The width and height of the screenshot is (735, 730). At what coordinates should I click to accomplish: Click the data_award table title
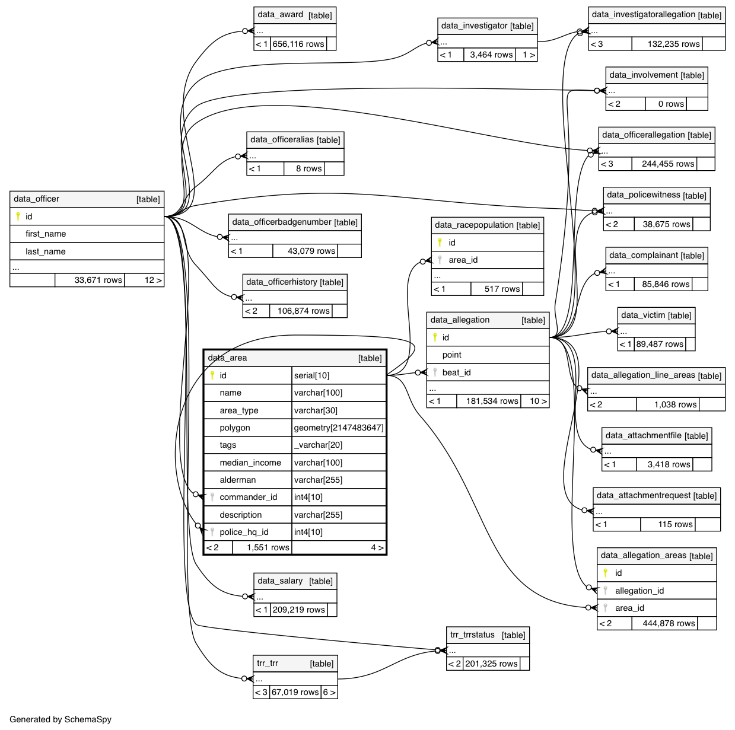(x=281, y=15)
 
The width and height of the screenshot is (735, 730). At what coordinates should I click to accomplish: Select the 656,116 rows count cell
(x=298, y=44)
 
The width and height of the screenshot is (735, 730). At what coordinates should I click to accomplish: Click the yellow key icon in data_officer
(x=18, y=216)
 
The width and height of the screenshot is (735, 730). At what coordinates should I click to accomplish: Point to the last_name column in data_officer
(x=46, y=251)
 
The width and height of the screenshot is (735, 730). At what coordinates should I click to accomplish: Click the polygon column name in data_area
(x=235, y=428)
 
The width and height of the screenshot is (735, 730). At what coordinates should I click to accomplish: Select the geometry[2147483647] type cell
(x=339, y=428)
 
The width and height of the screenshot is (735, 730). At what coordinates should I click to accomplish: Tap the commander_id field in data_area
(x=248, y=497)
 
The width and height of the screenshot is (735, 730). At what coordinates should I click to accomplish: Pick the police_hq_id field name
(x=244, y=532)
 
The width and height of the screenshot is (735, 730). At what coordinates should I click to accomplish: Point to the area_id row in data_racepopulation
(x=463, y=260)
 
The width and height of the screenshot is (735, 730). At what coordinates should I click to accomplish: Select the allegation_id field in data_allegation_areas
(x=639, y=591)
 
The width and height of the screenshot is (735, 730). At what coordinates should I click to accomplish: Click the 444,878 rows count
(x=669, y=623)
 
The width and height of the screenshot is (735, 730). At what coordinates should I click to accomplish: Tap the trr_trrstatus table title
(x=472, y=635)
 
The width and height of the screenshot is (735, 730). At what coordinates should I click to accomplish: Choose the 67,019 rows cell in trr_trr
(x=295, y=692)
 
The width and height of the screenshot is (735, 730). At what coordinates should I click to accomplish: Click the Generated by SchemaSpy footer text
(x=61, y=719)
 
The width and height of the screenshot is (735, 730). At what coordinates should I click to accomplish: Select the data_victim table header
(x=643, y=315)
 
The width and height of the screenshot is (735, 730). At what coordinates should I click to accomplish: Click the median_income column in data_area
(x=250, y=463)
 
